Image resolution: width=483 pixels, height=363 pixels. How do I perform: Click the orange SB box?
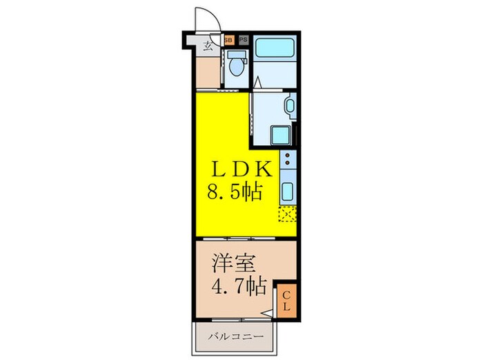[229, 40]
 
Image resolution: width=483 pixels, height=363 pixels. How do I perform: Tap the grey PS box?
[242, 40]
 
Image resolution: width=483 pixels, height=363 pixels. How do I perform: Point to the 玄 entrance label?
[208, 46]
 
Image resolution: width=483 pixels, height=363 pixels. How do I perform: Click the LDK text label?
[244, 169]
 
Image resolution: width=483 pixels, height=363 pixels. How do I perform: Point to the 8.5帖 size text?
[235, 191]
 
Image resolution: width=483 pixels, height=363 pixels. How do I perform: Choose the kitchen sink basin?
[288, 189]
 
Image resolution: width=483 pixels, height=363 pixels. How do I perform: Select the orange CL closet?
[286, 301]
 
